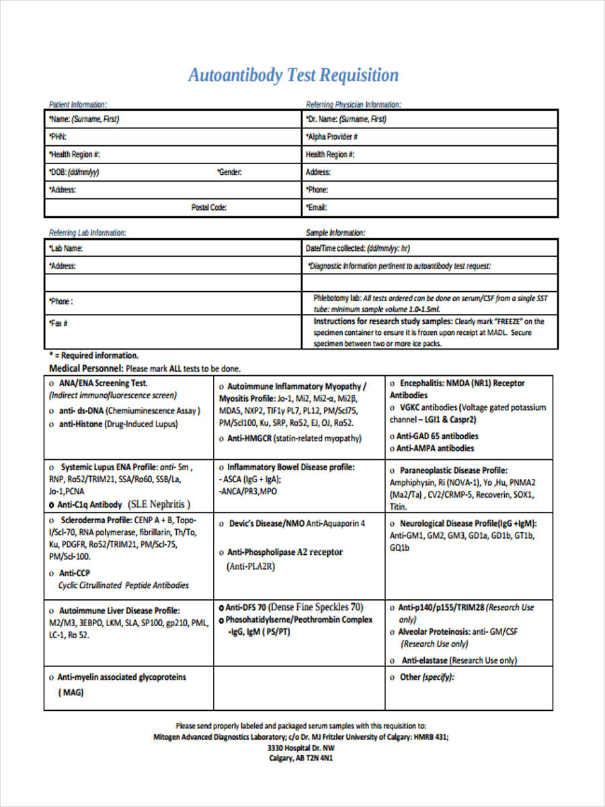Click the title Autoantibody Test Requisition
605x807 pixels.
(293, 75)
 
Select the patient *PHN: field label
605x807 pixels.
(57, 137)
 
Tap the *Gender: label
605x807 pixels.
(229, 172)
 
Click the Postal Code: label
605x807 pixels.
(209, 208)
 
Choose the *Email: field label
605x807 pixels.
(317, 208)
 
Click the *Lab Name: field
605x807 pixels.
(66, 248)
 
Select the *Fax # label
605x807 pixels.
(58, 323)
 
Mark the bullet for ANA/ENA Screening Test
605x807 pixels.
(52, 383)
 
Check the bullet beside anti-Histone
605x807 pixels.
(52, 424)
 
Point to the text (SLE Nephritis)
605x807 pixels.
(160, 504)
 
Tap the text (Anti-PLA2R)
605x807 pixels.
(251, 566)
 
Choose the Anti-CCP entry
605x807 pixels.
(75, 573)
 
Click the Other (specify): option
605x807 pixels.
(427, 677)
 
